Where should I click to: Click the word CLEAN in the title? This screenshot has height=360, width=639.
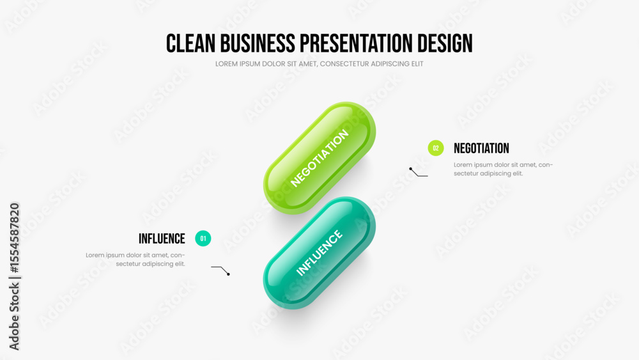click(190, 43)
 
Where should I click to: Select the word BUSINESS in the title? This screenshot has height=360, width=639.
click(258, 43)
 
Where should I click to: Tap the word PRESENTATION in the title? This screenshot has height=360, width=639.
click(356, 43)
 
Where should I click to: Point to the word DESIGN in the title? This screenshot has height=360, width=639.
click(445, 43)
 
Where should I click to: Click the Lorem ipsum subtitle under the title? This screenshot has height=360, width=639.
click(319, 64)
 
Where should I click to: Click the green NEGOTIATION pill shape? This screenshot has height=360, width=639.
click(319, 158)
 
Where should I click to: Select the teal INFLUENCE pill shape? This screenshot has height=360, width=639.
click(319, 253)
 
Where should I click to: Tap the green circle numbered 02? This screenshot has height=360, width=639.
click(436, 148)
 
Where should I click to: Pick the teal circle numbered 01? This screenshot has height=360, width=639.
click(203, 239)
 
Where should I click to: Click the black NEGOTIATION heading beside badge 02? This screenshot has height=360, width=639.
click(481, 148)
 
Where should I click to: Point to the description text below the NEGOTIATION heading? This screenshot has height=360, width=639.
click(504, 169)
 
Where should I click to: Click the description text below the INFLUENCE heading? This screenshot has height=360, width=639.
click(135, 260)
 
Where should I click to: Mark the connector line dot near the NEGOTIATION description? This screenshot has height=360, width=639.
click(411, 169)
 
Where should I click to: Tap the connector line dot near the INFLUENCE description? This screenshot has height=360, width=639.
click(228, 274)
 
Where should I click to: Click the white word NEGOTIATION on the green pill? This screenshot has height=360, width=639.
click(319, 158)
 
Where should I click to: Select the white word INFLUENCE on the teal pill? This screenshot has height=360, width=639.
click(319, 253)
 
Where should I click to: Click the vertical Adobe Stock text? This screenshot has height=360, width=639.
click(14, 317)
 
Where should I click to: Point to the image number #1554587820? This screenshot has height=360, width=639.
click(14, 238)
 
